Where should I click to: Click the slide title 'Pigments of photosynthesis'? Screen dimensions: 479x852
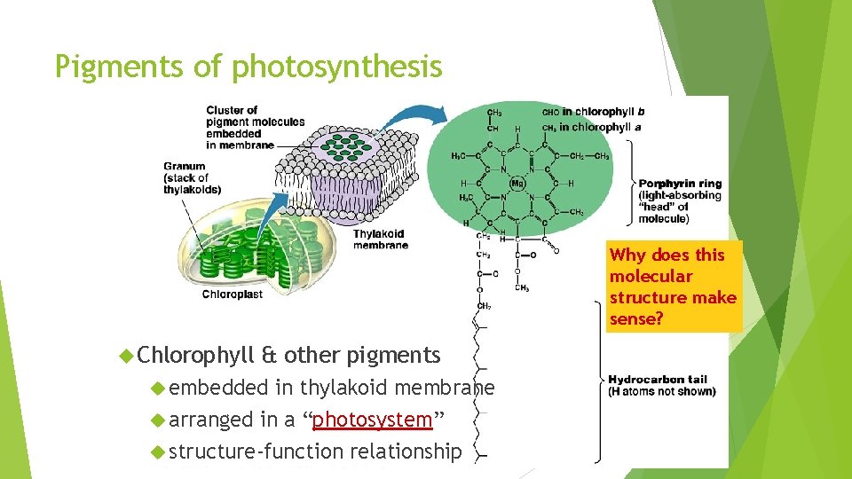(248, 66)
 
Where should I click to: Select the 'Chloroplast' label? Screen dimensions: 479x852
(233, 294)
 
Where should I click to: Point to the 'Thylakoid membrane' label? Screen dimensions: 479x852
(381, 239)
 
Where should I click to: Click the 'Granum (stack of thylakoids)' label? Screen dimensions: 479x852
(192, 177)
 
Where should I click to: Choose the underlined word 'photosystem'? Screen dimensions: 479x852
(372, 419)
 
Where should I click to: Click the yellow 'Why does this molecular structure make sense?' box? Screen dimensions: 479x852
(673, 287)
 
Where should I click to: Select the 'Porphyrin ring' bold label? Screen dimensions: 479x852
(680, 184)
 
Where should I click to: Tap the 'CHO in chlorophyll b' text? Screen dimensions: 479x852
(593, 112)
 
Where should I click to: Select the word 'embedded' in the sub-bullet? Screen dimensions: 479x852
(218, 388)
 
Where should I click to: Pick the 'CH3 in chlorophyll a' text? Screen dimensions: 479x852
(591, 127)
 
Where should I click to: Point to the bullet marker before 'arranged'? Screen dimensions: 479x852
(158, 419)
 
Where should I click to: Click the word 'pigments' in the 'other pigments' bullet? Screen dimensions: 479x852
(393, 356)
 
